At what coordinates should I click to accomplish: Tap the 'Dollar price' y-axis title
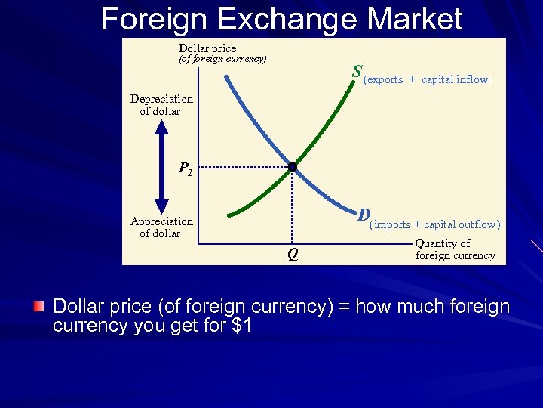pyautogui.click(x=207, y=48)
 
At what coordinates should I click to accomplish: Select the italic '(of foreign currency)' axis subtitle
pyautogui.click(x=222, y=59)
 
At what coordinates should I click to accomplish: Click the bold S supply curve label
pyautogui.click(x=356, y=73)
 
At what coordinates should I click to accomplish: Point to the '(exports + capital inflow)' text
pyautogui.click(x=426, y=79)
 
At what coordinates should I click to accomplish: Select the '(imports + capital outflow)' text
pyautogui.click(x=434, y=224)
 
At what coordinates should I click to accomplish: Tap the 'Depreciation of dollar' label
pyautogui.click(x=161, y=105)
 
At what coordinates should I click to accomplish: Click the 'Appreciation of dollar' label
pyautogui.click(x=161, y=227)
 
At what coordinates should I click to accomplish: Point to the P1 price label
pyautogui.click(x=186, y=168)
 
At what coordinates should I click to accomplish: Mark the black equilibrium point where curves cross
pyautogui.click(x=293, y=166)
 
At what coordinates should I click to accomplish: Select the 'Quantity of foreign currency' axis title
pyautogui.click(x=455, y=249)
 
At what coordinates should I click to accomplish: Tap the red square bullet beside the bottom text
pyautogui.click(x=39, y=307)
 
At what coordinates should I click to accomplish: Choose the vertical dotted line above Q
pyautogui.click(x=293, y=208)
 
